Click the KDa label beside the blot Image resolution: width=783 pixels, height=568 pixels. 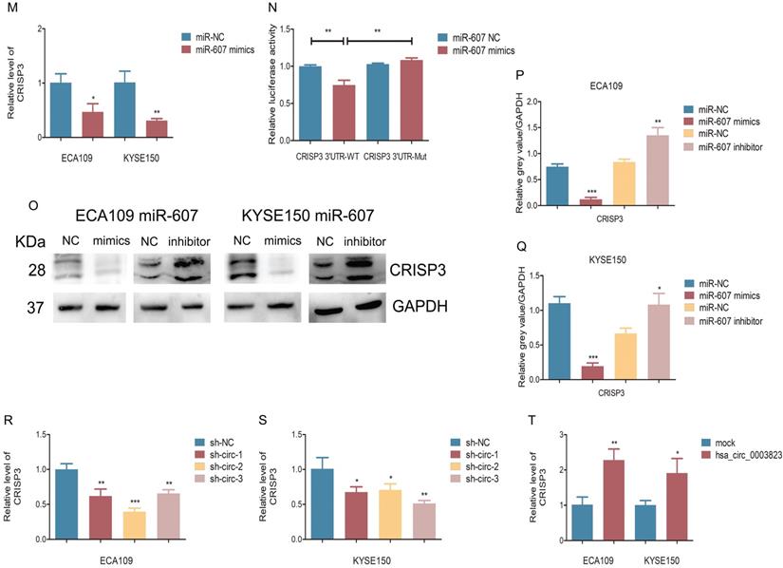click(x=21, y=241)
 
